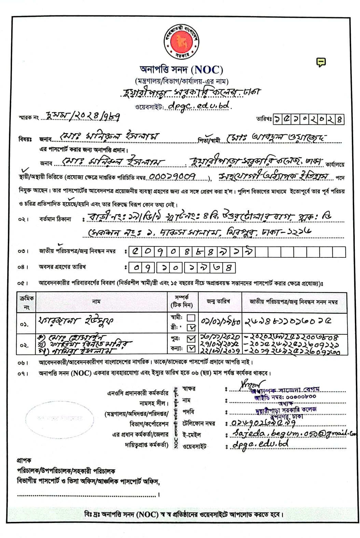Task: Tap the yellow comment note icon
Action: (x=321, y=62)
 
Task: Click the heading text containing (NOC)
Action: (x=181, y=70)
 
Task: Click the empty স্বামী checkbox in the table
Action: (x=191, y=318)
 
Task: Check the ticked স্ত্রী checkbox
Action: (x=191, y=327)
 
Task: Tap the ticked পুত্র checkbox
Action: (x=191, y=339)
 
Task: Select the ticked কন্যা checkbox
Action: (x=191, y=349)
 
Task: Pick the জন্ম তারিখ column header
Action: (x=218, y=301)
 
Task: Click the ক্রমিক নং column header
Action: (x=26, y=302)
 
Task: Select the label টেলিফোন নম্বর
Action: (x=199, y=423)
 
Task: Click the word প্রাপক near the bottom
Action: (x=24, y=460)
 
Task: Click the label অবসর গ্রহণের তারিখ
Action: (x=62, y=267)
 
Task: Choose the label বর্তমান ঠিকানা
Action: (x=55, y=219)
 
